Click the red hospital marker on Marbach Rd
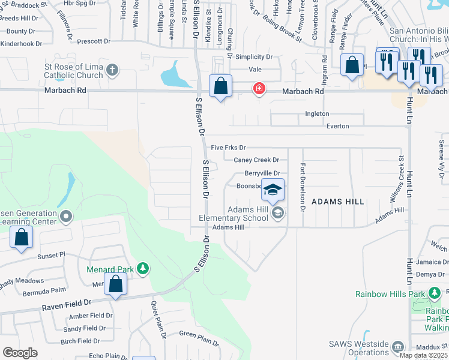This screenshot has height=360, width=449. (x=259, y=89)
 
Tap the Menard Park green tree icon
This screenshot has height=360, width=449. (x=142, y=268)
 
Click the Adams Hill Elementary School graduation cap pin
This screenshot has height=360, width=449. (x=273, y=191)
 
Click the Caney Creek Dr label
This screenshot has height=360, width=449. (x=256, y=160)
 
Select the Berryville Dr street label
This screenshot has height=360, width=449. (x=262, y=173)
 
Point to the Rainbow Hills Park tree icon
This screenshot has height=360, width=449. (x=435, y=293)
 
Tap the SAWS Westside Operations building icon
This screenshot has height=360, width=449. (x=397, y=346)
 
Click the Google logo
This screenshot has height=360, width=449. (x=20, y=353)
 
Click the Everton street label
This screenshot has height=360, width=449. (x=337, y=127)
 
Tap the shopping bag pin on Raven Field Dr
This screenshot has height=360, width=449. (x=116, y=284)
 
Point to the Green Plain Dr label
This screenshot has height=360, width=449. (x=199, y=337)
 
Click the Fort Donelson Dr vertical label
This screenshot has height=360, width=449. (x=303, y=187)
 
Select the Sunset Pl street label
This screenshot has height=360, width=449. (x=50, y=256)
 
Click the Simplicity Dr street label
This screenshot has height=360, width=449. (x=253, y=57)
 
